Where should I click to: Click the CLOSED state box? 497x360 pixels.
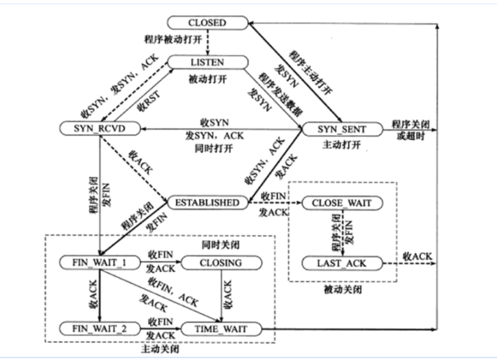click(207, 23)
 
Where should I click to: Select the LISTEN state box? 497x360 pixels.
click(207, 62)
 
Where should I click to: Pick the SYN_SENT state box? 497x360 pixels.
click(342, 128)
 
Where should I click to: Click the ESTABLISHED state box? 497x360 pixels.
click(207, 203)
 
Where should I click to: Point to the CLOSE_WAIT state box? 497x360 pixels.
click(342, 203)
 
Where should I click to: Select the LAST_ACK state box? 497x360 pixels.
click(342, 262)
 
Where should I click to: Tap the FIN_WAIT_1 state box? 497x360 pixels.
click(101, 262)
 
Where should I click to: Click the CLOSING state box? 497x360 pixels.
click(221, 262)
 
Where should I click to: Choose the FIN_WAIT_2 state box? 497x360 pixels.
click(101, 328)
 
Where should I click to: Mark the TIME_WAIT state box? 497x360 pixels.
click(221, 328)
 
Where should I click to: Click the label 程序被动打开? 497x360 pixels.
click(173, 40)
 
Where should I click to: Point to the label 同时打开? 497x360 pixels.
click(208, 146)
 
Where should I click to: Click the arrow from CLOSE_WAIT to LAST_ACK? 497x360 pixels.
click(342, 233)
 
